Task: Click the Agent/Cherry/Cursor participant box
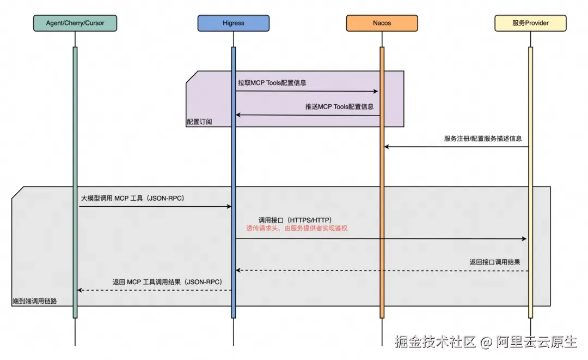(x=75, y=23)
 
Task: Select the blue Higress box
(x=233, y=23)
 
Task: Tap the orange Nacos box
(x=382, y=23)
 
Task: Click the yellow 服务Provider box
(x=530, y=23)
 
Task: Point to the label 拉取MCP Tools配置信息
(x=272, y=83)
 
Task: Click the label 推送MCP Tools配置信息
(x=339, y=107)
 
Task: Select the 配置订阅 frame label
(x=199, y=122)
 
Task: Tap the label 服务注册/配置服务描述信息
(x=483, y=139)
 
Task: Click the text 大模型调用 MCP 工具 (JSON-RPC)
(x=133, y=198)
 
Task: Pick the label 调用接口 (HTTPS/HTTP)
(x=295, y=220)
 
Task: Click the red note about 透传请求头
(x=297, y=228)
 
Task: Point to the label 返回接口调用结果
(x=495, y=262)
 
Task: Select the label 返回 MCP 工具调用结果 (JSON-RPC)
(x=167, y=282)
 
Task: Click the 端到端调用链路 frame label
(x=35, y=301)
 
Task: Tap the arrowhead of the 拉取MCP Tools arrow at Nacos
(x=375, y=91)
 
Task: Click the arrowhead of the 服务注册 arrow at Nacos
(x=387, y=147)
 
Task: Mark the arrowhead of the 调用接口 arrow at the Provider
(x=524, y=238)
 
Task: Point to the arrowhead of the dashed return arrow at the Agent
(x=79, y=290)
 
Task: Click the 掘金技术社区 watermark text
(x=435, y=341)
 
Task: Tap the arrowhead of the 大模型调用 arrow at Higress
(x=229, y=206)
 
